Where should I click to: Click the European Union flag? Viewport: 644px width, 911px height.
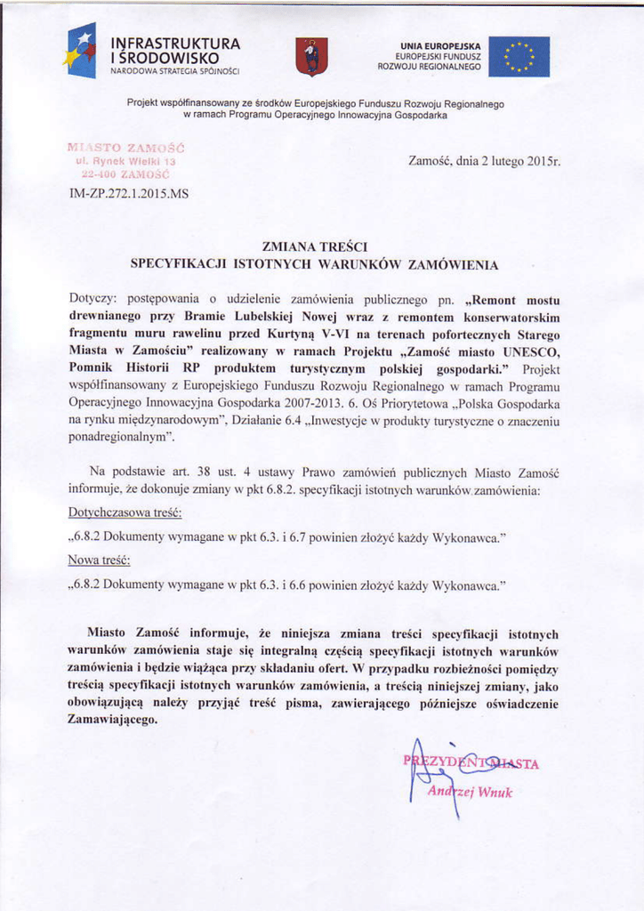click(519, 57)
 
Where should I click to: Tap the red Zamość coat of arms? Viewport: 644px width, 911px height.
click(311, 57)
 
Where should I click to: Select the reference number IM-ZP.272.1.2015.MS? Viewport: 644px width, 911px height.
click(128, 191)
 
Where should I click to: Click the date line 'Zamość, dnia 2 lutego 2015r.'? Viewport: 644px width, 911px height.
click(484, 162)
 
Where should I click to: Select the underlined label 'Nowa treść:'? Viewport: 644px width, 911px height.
click(99, 560)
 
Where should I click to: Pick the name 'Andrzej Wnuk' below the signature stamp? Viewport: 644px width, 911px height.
click(471, 792)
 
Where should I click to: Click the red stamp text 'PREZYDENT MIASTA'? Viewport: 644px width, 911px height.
click(471, 762)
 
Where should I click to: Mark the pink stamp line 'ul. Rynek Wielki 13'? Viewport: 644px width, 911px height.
click(125, 163)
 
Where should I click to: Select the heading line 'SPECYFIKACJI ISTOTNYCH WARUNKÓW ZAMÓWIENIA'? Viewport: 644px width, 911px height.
click(315, 264)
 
